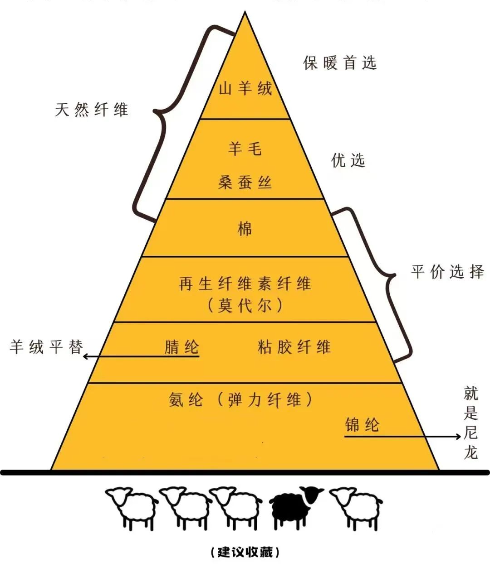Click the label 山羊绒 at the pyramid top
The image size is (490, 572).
[x=245, y=88]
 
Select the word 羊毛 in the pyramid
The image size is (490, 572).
[x=245, y=149]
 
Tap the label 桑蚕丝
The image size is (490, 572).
[x=245, y=183]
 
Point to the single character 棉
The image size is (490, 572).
[x=245, y=229]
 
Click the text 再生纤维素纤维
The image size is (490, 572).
[x=245, y=284]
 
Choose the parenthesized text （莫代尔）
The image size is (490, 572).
[x=245, y=306]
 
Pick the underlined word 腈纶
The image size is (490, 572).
[x=182, y=348]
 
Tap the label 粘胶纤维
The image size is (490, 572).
[x=294, y=347]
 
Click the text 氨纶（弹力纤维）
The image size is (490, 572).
[x=240, y=400]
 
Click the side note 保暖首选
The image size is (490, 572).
[x=340, y=63]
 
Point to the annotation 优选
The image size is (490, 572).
[x=348, y=160]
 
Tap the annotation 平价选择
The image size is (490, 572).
[x=447, y=272]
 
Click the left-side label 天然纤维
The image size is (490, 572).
[x=92, y=110]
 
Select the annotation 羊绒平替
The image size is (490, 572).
[x=47, y=347]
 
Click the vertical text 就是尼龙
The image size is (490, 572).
[x=471, y=422]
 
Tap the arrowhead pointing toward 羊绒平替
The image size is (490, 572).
[x=85, y=357]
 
